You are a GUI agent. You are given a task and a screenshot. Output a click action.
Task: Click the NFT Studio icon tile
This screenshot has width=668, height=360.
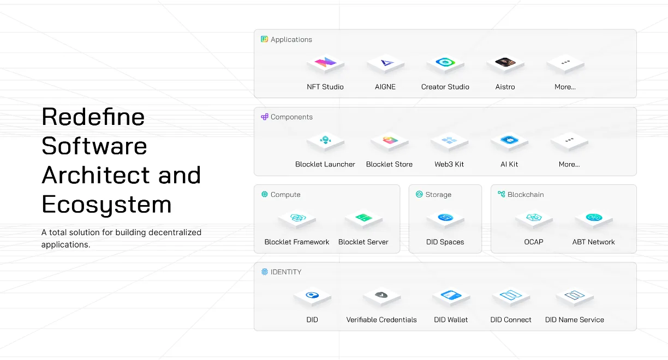click(x=325, y=64)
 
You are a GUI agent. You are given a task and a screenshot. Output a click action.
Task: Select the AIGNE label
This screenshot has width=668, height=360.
click(x=385, y=87)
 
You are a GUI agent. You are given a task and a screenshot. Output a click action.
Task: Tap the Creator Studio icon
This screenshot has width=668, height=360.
click(x=445, y=64)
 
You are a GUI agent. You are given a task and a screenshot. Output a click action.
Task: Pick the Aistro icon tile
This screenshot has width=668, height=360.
click(x=505, y=64)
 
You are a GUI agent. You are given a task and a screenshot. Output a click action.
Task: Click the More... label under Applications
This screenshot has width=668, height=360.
click(x=565, y=87)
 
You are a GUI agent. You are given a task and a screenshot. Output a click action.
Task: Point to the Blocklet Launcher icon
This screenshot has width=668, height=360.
click(x=325, y=141)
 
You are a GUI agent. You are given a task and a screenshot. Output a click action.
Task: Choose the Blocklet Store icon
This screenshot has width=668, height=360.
click(x=390, y=141)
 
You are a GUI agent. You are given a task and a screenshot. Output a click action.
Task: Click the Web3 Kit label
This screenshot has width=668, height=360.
click(x=449, y=164)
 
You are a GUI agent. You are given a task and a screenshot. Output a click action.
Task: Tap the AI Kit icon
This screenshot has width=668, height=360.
click(x=509, y=141)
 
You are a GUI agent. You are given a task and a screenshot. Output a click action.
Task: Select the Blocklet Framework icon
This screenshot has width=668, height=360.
click(x=297, y=219)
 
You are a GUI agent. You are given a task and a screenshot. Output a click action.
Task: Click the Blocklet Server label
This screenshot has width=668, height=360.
click(x=363, y=242)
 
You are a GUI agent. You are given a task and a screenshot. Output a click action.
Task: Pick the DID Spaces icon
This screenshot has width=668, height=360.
click(x=445, y=219)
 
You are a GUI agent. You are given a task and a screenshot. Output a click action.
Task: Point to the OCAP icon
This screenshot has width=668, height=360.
click(x=534, y=219)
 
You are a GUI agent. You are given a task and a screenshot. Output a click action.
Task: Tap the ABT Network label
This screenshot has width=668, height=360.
click(x=593, y=242)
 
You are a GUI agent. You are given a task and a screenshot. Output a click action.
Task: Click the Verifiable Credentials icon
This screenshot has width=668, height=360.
click(x=381, y=297)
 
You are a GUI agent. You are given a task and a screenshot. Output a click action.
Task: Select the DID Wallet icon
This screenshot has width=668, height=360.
click(x=451, y=297)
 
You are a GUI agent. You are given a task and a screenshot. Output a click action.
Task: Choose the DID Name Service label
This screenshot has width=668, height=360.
click(x=574, y=320)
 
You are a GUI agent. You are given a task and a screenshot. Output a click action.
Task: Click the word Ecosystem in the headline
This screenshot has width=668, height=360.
click(x=106, y=205)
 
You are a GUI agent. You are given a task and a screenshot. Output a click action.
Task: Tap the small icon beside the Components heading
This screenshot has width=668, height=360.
click(x=265, y=117)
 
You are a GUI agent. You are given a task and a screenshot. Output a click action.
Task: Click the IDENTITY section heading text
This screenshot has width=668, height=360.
click(x=285, y=272)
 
